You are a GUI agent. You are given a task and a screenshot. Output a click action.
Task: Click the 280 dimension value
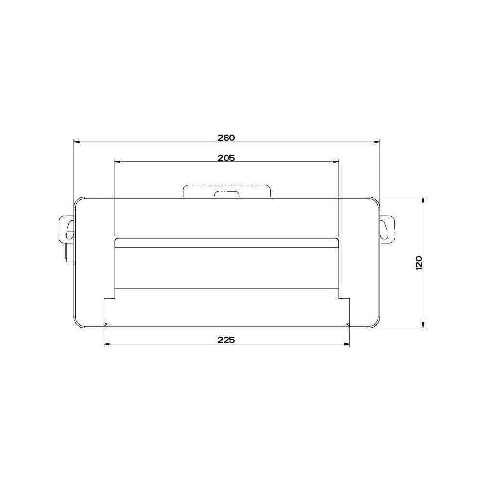coord(226,138)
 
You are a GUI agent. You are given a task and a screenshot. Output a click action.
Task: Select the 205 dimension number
coord(226,158)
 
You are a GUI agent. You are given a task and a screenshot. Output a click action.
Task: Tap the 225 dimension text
coord(226,340)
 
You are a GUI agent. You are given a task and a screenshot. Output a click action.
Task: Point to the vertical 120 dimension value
coord(419,263)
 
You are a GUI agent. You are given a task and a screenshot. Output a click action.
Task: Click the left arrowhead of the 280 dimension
coord(77,142)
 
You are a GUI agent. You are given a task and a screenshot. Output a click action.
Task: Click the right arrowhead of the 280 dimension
coord(377,142)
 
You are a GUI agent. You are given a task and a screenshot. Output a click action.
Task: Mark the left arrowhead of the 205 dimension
coord(118,161)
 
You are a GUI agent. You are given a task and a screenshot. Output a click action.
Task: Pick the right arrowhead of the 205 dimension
coord(335,161)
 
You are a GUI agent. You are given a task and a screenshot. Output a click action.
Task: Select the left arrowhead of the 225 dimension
coord(107,344)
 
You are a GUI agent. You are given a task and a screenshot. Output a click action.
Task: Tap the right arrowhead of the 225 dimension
coord(347,344)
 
